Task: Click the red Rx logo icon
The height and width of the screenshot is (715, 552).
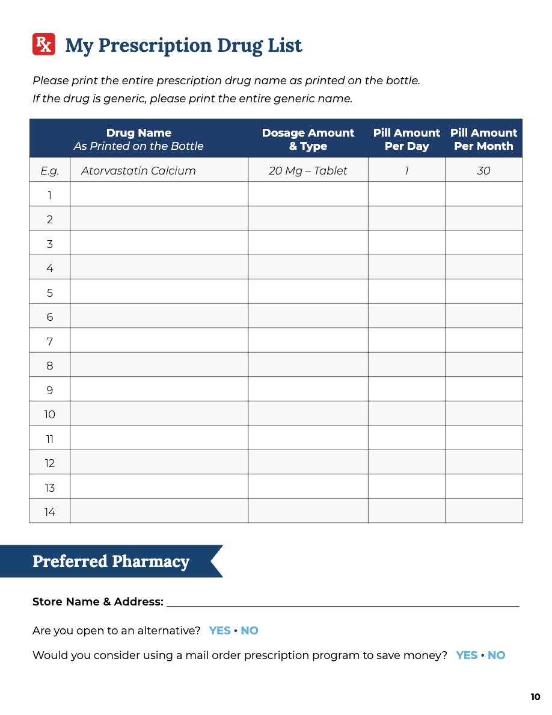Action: (44, 45)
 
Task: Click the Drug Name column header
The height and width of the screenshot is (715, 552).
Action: (139, 139)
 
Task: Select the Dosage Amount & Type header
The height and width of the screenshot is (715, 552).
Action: (308, 139)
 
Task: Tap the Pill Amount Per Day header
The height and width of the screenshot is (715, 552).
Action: (406, 139)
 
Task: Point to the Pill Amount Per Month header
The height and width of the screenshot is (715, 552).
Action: (483, 139)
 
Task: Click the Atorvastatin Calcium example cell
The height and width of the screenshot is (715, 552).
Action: (138, 171)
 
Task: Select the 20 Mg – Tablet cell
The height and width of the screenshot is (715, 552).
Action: (308, 171)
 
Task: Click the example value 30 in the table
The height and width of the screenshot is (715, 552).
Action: (483, 171)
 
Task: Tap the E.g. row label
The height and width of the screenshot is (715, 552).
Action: (50, 171)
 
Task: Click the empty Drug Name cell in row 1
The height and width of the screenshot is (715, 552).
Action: (159, 194)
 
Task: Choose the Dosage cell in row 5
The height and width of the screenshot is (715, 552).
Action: (308, 292)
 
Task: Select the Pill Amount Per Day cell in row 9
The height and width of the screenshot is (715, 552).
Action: (406, 389)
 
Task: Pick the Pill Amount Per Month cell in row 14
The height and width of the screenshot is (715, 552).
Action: (483, 511)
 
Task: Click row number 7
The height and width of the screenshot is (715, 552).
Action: (50, 341)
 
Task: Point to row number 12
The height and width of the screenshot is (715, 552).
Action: (50, 462)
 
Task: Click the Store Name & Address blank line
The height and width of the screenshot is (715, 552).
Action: (343, 601)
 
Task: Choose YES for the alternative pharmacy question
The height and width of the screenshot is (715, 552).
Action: (220, 631)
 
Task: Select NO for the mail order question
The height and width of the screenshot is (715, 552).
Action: (496, 655)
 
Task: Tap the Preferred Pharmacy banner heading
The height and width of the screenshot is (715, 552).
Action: (111, 562)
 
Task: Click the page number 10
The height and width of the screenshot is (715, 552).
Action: (535, 697)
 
